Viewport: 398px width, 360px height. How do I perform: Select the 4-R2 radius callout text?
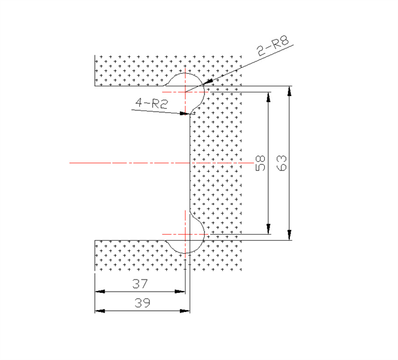(x=151, y=103)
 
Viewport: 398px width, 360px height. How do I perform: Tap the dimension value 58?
(x=261, y=163)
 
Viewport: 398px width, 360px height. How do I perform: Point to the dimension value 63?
(x=282, y=163)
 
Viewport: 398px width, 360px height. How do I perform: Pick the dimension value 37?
(x=140, y=284)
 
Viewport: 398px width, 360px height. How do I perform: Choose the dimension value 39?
(x=142, y=302)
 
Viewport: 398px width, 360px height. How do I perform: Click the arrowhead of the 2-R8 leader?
(x=208, y=81)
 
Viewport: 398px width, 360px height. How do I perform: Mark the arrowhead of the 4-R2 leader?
(x=185, y=113)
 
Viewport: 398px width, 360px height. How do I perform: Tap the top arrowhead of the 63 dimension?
(x=289, y=91)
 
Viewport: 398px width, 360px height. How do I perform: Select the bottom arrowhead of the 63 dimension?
(x=289, y=235)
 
